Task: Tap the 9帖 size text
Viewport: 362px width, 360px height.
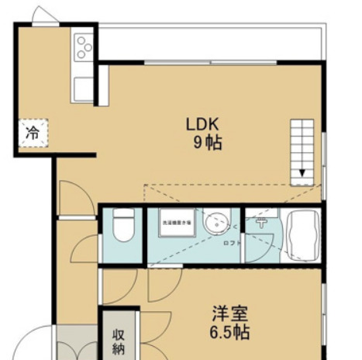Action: (x=203, y=143)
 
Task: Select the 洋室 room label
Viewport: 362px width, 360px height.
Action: (x=231, y=315)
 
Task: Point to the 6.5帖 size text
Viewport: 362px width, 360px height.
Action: (x=231, y=333)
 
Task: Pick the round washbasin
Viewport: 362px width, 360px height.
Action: (x=217, y=223)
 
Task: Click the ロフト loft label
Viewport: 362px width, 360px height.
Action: (x=232, y=243)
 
